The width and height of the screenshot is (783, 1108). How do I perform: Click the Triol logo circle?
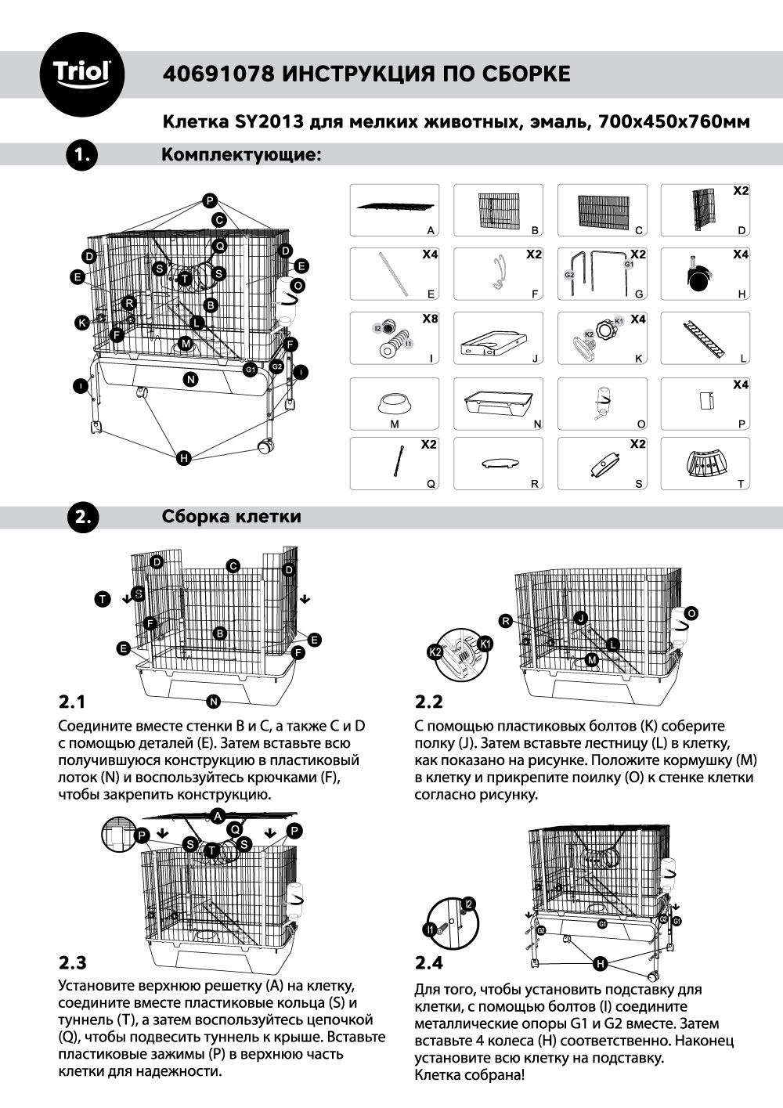click(x=81, y=74)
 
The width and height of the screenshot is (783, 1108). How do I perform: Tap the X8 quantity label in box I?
click(x=430, y=319)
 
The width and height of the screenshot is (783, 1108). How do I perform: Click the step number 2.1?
click(x=72, y=700)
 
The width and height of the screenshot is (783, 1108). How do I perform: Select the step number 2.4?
click(x=428, y=962)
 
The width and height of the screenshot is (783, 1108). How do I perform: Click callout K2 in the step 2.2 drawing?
click(x=435, y=651)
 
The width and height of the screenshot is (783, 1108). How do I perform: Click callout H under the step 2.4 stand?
click(x=600, y=963)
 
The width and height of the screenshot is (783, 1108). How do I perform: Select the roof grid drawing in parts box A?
click(x=395, y=208)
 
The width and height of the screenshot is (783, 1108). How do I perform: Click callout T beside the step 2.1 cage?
click(x=103, y=599)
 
